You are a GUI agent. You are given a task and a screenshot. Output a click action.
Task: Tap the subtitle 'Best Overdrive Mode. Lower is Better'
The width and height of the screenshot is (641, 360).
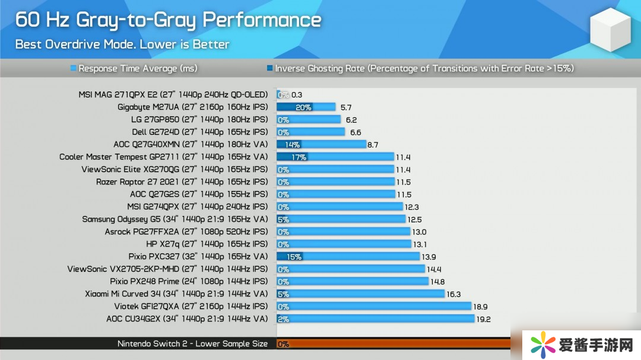[122, 44]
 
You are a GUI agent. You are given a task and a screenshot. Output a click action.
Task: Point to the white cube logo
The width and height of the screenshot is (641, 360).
[611, 30]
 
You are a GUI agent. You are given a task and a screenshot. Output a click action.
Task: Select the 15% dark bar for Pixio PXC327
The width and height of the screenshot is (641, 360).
[291, 257]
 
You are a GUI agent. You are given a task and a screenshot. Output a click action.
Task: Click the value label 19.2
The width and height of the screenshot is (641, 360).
[484, 319]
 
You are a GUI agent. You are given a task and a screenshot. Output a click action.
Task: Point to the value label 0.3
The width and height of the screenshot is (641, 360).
[297, 95]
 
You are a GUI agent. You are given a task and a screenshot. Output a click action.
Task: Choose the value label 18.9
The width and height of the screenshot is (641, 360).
[481, 307]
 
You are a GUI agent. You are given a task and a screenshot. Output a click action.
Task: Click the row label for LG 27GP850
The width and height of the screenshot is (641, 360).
[199, 120]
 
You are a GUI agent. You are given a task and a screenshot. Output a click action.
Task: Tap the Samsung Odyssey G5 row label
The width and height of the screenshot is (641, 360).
[175, 219]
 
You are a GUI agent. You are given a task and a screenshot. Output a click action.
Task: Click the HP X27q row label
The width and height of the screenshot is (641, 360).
[207, 244]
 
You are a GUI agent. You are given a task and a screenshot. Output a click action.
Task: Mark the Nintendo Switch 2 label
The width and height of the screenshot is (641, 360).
[192, 344]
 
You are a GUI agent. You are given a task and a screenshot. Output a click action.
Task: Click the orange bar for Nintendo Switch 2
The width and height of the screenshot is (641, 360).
[398, 344]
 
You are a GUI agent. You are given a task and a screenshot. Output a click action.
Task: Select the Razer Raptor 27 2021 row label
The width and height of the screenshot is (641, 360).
[182, 182]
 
